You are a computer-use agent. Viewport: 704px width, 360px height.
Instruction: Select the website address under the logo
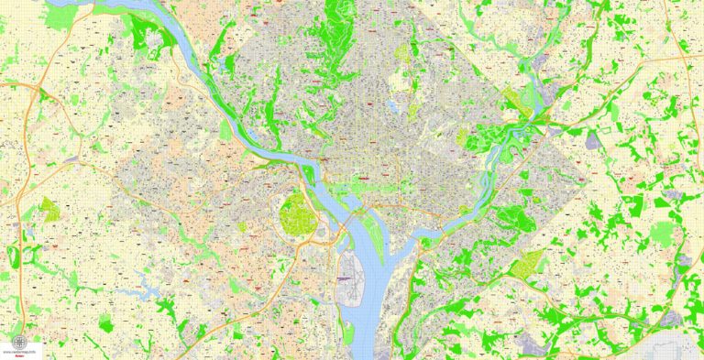[18, 351]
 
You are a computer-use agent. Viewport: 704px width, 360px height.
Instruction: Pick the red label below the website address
[18, 356]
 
